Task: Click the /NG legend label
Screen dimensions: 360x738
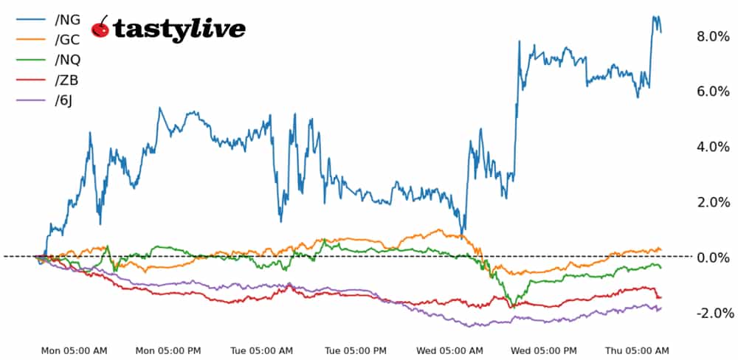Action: [67, 20]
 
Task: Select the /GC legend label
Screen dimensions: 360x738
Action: [67, 40]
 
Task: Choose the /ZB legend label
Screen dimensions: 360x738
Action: [66, 80]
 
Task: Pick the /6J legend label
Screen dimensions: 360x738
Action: [63, 100]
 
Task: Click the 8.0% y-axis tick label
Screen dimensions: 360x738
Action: [712, 36]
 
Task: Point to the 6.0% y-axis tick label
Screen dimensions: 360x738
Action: [712, 91]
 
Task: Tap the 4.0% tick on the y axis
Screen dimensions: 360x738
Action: [712, 147]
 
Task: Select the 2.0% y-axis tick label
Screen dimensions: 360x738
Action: [712, 202]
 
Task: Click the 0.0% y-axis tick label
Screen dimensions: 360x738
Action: [712, 257]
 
